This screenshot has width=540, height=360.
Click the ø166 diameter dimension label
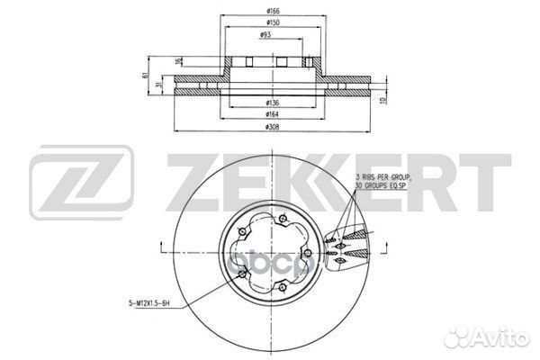270,10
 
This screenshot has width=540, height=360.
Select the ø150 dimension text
270,22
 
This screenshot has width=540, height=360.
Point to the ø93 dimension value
267,35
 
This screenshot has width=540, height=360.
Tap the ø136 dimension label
270,103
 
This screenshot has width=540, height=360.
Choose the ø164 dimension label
270,115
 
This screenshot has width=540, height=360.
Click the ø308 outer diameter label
270,127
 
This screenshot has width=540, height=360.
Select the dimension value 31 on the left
159,85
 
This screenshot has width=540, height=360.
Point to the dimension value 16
177,60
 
